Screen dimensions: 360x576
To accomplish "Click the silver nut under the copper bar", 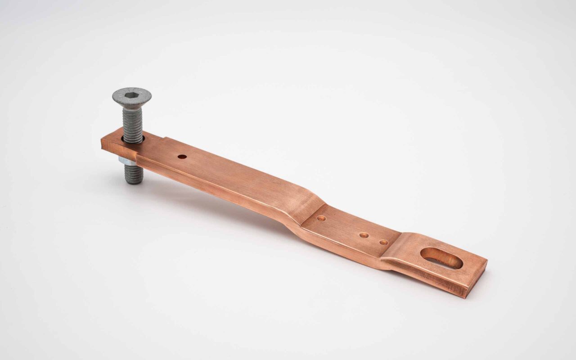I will tap(126, 161).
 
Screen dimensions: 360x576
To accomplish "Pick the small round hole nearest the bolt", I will tap(182, 157).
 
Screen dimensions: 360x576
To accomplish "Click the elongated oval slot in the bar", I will tap(441, 258).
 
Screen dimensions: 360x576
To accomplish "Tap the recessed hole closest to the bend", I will tap(321, 218).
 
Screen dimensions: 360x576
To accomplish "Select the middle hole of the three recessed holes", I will tap(364, 235).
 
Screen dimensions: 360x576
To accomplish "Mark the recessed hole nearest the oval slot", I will tap(383, 242).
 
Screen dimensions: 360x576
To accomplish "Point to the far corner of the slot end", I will tap(486, 260).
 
